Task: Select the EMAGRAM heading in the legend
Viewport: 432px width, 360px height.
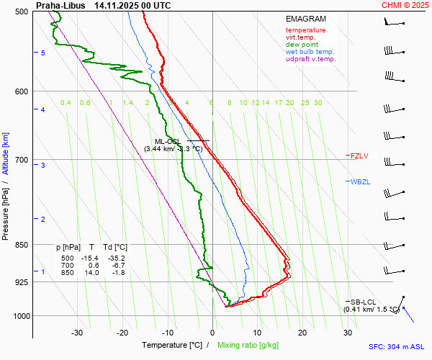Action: [x=306, y=19]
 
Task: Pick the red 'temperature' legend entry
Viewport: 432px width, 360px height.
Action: [x=305, y=30]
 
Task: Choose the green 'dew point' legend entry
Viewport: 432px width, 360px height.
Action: [x=302, y=45]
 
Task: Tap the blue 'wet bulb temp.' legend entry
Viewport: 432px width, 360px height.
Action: [x=310, y=52]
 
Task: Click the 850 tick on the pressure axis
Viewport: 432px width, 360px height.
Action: [x=21, y=245]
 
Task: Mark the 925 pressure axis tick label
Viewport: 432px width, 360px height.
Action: [x=21, y=282]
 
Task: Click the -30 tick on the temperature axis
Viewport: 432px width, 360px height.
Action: [x=77, y=333]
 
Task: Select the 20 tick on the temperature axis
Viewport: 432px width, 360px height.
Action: [x=302, y=333]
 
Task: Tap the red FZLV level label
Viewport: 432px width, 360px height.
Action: [x=359, y=156]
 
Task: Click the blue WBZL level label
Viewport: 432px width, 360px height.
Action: [x=360, y=181]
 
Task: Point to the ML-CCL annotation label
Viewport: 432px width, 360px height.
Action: [x=170, y=142]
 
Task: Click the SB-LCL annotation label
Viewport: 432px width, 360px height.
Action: [x=364, y=302]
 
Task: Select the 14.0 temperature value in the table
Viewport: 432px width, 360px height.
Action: [x=91, y=273]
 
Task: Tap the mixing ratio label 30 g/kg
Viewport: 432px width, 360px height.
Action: [x=318, y=103]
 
